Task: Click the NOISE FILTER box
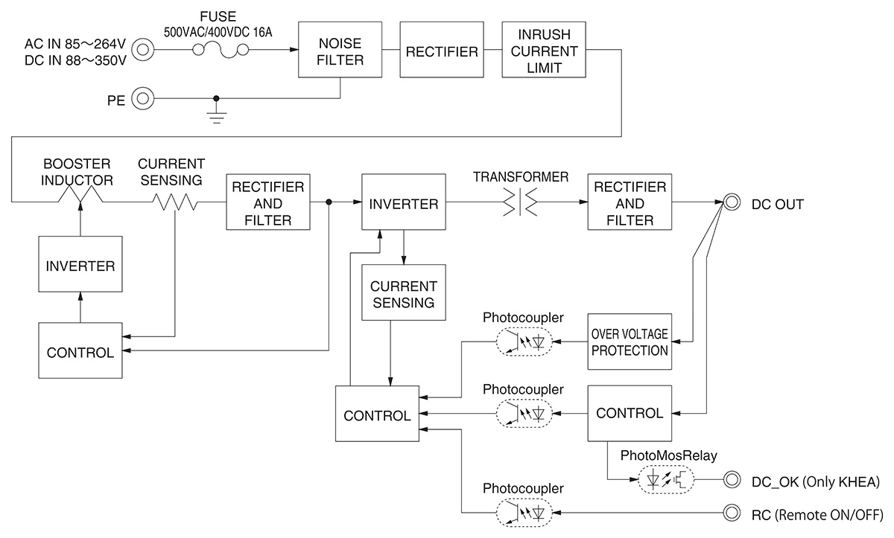pos(340,50)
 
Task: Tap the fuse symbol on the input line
pos(221,50)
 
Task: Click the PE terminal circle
pos(142,98)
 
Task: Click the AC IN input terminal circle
pos(142,50)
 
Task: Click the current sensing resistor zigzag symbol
pos(175,202)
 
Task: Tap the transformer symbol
pos(519,202)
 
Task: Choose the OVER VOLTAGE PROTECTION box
pos(630,342)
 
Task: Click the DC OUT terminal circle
pos(732,202)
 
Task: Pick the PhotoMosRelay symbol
pos(666,480)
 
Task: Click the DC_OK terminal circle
pos(732,481)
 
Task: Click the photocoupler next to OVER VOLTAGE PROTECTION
pos(524,342)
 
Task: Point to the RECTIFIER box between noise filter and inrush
pos(441,50)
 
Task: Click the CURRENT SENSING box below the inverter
pos(403,292)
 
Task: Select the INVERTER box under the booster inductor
pos(80,266)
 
